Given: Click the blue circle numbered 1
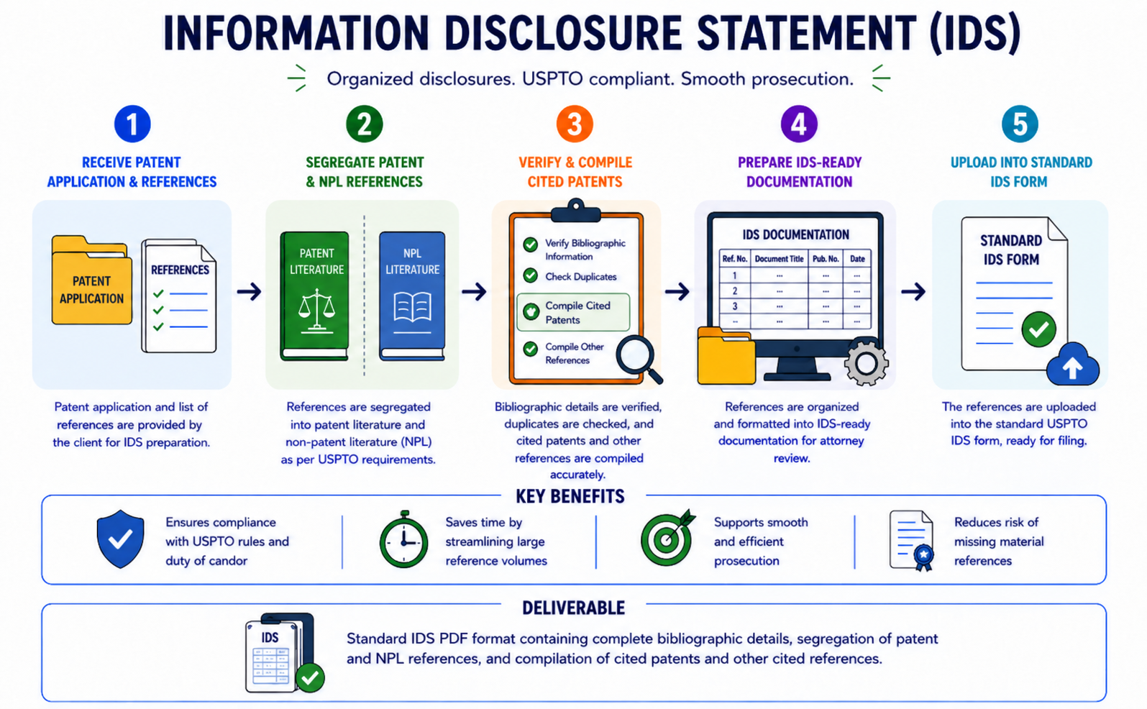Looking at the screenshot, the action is [x=132, y=124].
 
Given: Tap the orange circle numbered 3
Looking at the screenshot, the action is [x=575, y=124].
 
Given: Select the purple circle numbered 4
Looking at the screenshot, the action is [x=799, y=124].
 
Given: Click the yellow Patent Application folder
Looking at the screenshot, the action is [x=91, y=280].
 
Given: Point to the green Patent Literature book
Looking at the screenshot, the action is [x=315, y=296].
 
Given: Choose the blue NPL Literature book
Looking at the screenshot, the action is [x=412, y=296].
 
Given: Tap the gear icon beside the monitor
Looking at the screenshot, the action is [x=866, y=364].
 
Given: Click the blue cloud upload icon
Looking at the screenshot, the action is [x=1073, y=365].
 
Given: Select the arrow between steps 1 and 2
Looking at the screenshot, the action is [x=250, y=292].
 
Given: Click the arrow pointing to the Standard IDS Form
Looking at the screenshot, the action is [x=913, y=292].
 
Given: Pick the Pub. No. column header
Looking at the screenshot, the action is [x=826, y=259].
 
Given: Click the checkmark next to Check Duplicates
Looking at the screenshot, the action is [x=531, y=276].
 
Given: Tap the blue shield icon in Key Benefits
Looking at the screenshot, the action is [x=120, y=539].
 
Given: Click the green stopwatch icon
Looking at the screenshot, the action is [x=403, y=539].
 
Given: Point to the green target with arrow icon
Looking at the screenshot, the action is [x=667, y=538].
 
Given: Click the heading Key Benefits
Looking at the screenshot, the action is [x=570, y=496].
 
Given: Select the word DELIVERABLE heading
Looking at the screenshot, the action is [x=574, y=608].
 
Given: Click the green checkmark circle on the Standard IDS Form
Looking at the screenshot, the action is [x=1038, y=329].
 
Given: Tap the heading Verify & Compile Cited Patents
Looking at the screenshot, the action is [x=575, y=172].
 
